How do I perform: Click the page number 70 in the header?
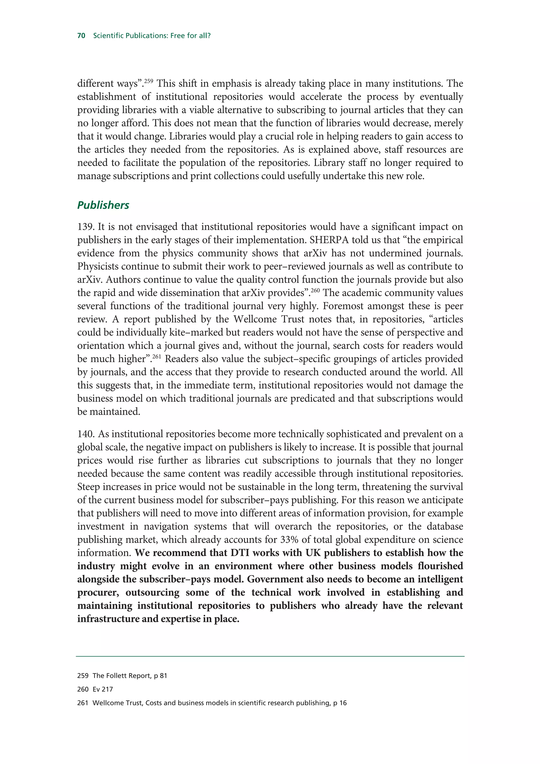coord(81,36)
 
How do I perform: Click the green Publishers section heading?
coord(103,205)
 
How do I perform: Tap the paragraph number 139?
coord(86,227)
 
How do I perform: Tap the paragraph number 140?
coord(86,434)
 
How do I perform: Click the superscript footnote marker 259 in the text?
coord(148,80)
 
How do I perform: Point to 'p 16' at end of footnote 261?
coord(340,703)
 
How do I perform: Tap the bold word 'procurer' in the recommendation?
coord(98,592)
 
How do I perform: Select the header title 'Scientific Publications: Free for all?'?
coord(152,36)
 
